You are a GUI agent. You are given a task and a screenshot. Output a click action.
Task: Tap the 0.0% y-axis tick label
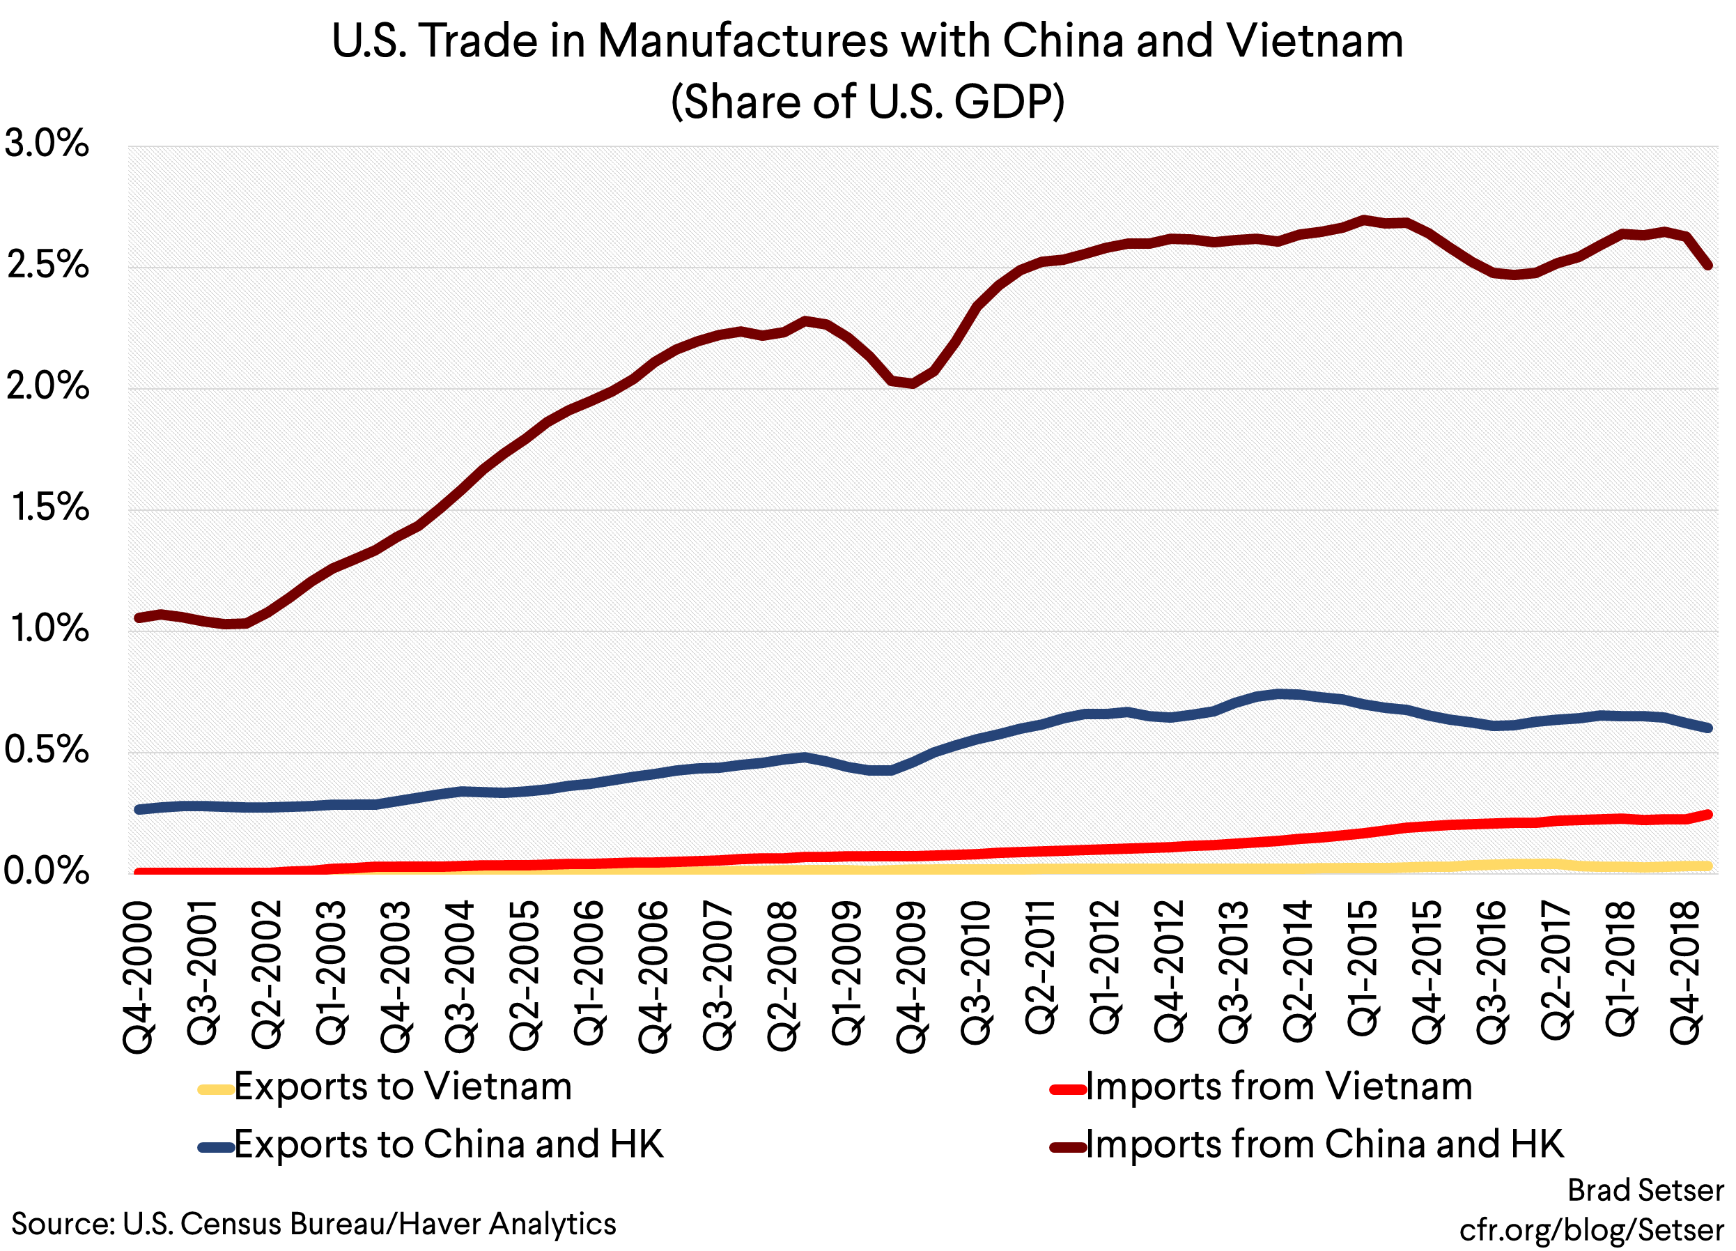(46, 871)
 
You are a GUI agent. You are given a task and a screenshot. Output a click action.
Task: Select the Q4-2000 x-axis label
(139, 977)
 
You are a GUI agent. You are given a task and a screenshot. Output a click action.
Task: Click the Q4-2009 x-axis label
(912, 977)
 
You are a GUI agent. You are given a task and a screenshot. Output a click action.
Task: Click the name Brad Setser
(1645, 1190)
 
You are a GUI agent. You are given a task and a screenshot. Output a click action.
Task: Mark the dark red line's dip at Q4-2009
(912, 383)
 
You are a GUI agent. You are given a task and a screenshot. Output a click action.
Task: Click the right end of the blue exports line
(1707, 728)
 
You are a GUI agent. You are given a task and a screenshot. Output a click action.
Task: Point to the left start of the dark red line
(139, 617)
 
